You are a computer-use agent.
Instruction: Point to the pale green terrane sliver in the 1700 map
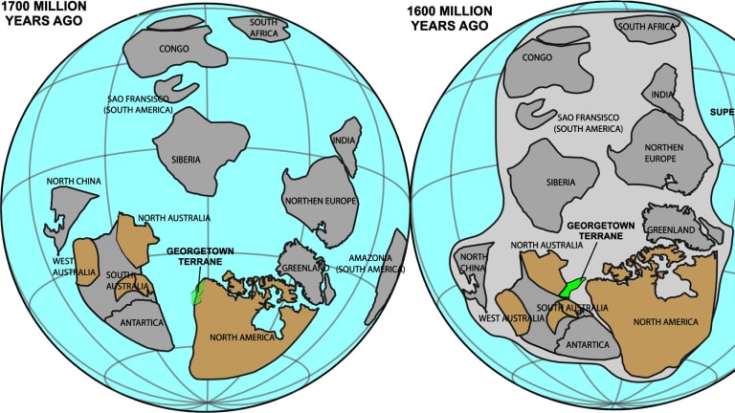[x=197, y=293]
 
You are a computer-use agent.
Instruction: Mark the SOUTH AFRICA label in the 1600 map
[x=650, y=28]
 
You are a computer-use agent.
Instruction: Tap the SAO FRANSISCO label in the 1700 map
[x=136, y=104]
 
